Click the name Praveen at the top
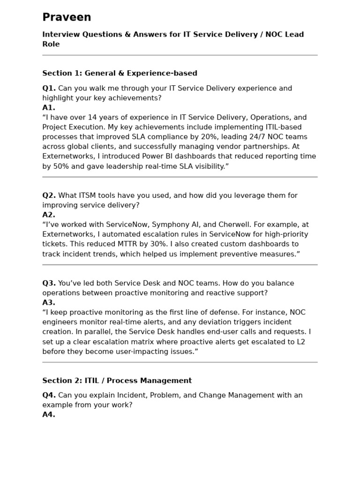(x=67, y=17)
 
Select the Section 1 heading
(x=120, y=73)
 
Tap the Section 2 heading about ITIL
(x=117, y=381)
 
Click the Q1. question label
(x=49, y=88)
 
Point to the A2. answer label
(x=49, y=215)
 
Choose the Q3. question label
(x=49, y=283)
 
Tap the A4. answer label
(x=49, y=414)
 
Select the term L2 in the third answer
(x=300, y=342)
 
